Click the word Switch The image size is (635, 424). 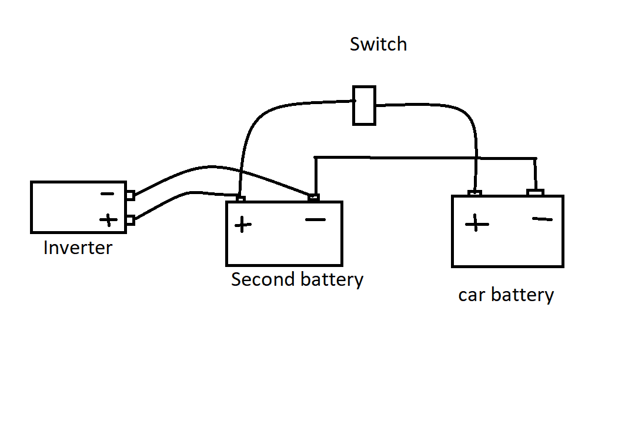click(378, 44)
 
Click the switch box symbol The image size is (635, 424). click(364, 105)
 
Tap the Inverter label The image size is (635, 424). click(78, 248)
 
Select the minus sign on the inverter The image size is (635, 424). click(107, 194)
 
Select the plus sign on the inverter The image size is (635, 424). click(108, 220)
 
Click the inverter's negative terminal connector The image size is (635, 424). click(131, 195)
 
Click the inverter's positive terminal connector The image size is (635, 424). click(131, 220)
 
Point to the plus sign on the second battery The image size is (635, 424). click(242, 224)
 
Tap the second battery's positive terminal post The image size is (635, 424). click(240, 199)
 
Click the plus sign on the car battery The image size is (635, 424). click(476, 223)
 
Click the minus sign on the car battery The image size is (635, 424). click(542, 219)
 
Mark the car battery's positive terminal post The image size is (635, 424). click(475, 193)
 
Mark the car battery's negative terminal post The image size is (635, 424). click(535, 192)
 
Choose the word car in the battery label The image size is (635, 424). click(470, 295)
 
